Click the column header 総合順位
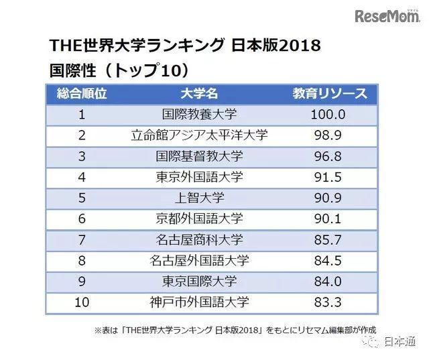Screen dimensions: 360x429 click(82, 93)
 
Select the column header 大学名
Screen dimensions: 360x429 click(199, 93)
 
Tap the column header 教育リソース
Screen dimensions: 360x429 click(330, 93)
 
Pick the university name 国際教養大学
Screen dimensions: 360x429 click(199, 114)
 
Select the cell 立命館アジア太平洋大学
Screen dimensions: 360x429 click(199, 135)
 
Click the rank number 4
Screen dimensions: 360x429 click(82, 177)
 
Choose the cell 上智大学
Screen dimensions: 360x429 click(199, 198)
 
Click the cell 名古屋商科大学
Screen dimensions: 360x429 click(199, 240)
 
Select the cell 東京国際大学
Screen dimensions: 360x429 click(199, 282)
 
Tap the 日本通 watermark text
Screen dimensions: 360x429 click(402, 343)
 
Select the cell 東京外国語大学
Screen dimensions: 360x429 click(199, 177)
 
